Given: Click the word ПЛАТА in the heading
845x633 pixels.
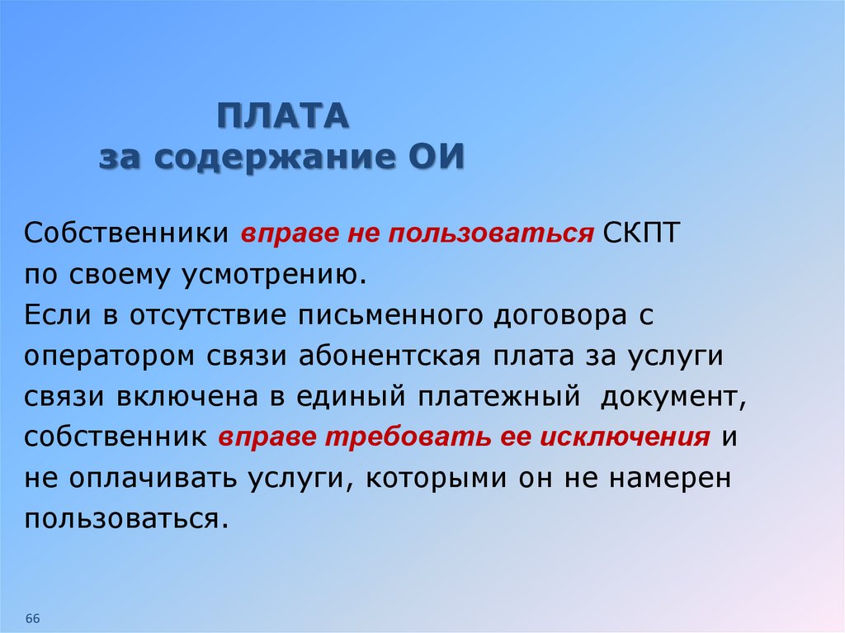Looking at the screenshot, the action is point(284,116).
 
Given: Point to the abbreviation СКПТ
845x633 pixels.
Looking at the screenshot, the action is point(641,233).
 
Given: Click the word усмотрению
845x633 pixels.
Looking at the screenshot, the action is point(274,275).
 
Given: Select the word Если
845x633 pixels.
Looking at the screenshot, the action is point(57,315).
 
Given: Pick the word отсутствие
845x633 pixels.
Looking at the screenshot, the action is point(207,316).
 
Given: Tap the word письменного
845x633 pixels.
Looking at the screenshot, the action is point(390,316).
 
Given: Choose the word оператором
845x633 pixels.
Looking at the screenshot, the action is point(110,357).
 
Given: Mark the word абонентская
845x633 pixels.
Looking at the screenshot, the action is point(389,357).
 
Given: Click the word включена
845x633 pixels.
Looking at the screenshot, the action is point(188,397).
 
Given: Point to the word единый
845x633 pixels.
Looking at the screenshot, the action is point(351,397).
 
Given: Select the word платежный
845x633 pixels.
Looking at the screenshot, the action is point(499,397).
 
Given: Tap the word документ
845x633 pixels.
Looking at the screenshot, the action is point(673,398).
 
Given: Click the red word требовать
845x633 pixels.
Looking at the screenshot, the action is point(408,437).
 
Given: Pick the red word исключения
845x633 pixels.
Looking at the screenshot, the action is point(625,437).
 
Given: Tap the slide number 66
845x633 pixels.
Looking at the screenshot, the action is point(33,618).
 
